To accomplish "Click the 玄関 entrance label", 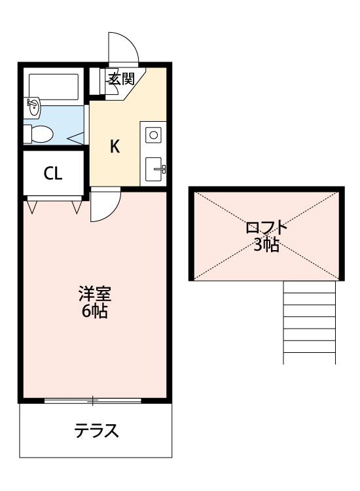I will (x=121, y=79).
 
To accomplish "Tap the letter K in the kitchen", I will (x=115, y=147).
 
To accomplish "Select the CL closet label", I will (x=53, y=173).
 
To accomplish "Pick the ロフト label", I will (x=266, y=228).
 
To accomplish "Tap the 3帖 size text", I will (x=266, y=245).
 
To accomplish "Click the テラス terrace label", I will (x=96, y=431).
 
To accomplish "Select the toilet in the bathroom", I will (x=39, y=134).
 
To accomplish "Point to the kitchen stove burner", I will (x=154, y=135).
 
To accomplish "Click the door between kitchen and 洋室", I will (x=105, y=204).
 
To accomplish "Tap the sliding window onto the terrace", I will (x=93, y=400).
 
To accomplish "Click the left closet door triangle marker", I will (x=33, y=206).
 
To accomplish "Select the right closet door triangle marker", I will (x=77, y=206).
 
